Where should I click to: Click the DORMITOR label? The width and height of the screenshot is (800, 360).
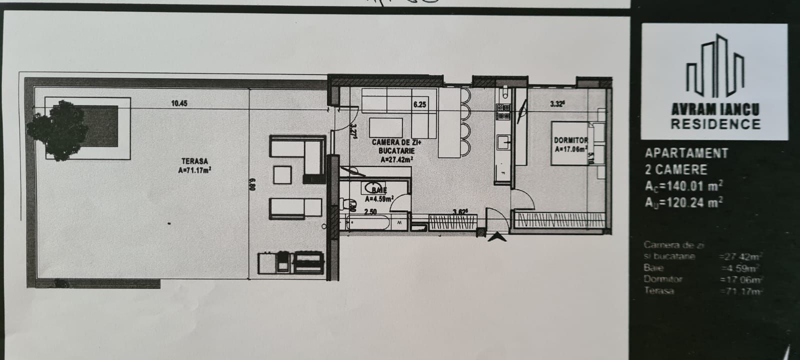(x=570, y=140)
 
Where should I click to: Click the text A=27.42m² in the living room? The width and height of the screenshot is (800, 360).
(x=396, y=160)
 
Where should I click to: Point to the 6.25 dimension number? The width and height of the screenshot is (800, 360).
(x=419, y=104)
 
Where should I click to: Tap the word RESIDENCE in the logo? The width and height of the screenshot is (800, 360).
(x=715, y=124)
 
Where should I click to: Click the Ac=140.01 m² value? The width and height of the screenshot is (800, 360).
(x=684, y=186)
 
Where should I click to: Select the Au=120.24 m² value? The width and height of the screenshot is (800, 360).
(x=684, y=201)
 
